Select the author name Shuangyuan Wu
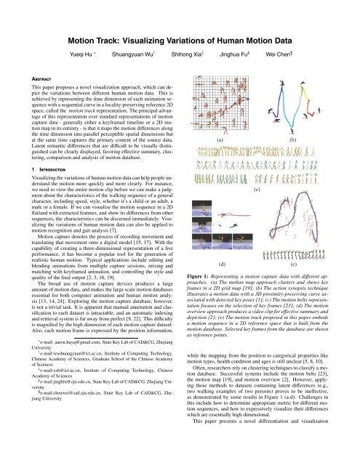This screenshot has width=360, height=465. tap(152, 33)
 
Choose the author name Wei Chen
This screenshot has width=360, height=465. tap(310, 33)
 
